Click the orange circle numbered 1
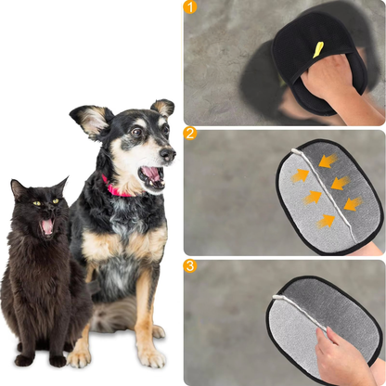coord(191,8)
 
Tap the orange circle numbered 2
coord(191,134)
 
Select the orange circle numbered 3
coord(191,265)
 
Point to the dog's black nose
coord(168,153)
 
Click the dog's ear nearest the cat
coord(94,121)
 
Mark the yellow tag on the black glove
coord(318,49)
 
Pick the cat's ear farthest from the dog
coord(18,188)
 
